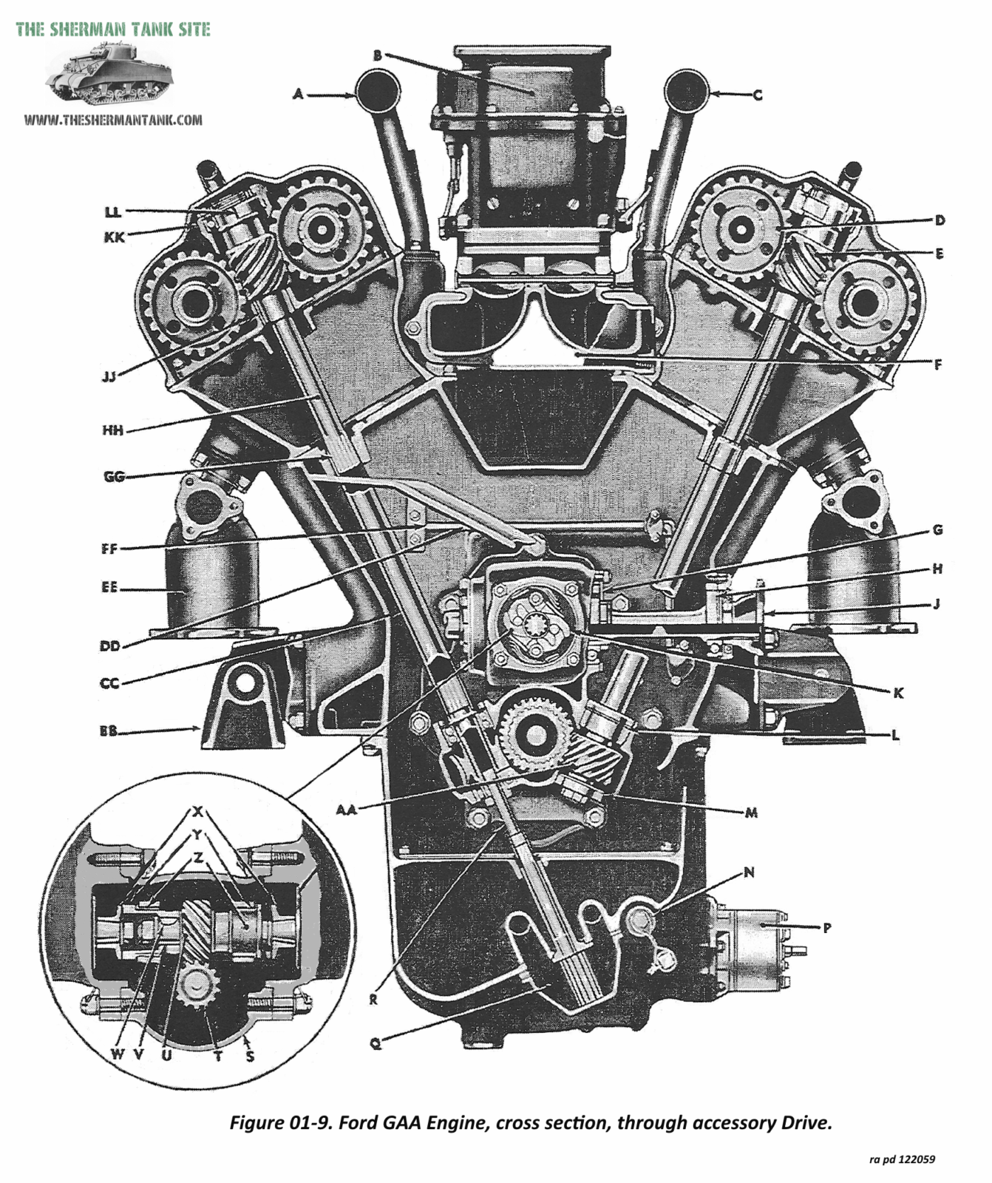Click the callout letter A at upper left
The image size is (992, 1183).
pos(298,94)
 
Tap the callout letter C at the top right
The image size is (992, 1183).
pos(757,95)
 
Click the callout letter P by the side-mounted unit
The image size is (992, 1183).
pos(826,927)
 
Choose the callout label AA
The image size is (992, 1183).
pos(346,810)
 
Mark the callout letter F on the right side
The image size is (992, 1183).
pos(938,365)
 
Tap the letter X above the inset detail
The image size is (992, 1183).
pos(197,812)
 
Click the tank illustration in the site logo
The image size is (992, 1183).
pos(109,74)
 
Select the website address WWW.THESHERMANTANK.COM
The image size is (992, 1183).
pos(112,120)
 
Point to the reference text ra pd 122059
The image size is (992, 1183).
pos(902,1159)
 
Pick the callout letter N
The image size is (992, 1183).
pos(749,873)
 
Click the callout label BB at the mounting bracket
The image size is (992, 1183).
pos(109,732)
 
